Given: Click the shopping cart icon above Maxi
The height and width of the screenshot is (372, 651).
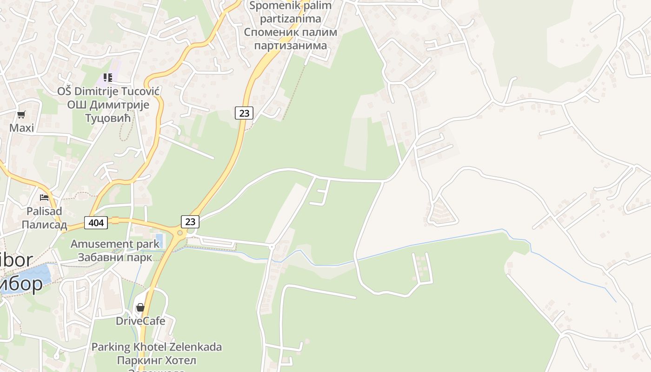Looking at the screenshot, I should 21,114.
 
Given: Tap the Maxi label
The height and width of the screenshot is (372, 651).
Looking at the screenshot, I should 22,127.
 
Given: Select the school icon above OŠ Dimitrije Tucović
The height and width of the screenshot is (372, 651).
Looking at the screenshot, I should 108,78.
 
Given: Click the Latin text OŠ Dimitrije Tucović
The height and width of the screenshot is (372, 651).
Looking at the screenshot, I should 108,91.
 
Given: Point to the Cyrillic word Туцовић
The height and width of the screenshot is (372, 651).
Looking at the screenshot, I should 108,118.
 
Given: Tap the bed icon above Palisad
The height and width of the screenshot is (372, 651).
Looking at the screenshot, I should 44,198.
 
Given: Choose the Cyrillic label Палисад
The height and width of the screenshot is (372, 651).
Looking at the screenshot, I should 44,225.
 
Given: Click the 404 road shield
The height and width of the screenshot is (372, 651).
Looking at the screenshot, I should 96,223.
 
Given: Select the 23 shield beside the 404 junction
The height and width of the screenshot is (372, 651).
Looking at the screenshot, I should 190,222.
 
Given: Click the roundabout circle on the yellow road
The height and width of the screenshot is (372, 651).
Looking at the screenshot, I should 179,232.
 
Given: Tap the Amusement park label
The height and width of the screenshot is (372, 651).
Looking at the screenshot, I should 115,244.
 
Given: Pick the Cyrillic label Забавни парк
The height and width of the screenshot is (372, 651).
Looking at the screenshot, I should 115,257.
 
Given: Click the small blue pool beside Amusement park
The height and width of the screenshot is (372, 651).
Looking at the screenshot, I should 159,240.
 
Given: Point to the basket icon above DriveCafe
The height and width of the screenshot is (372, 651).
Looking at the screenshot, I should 140,307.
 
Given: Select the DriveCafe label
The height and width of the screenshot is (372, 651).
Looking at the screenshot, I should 140,321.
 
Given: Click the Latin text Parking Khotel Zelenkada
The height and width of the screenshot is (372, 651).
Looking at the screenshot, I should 156,347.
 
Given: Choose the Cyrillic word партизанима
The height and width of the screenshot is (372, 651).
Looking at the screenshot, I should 290,46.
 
